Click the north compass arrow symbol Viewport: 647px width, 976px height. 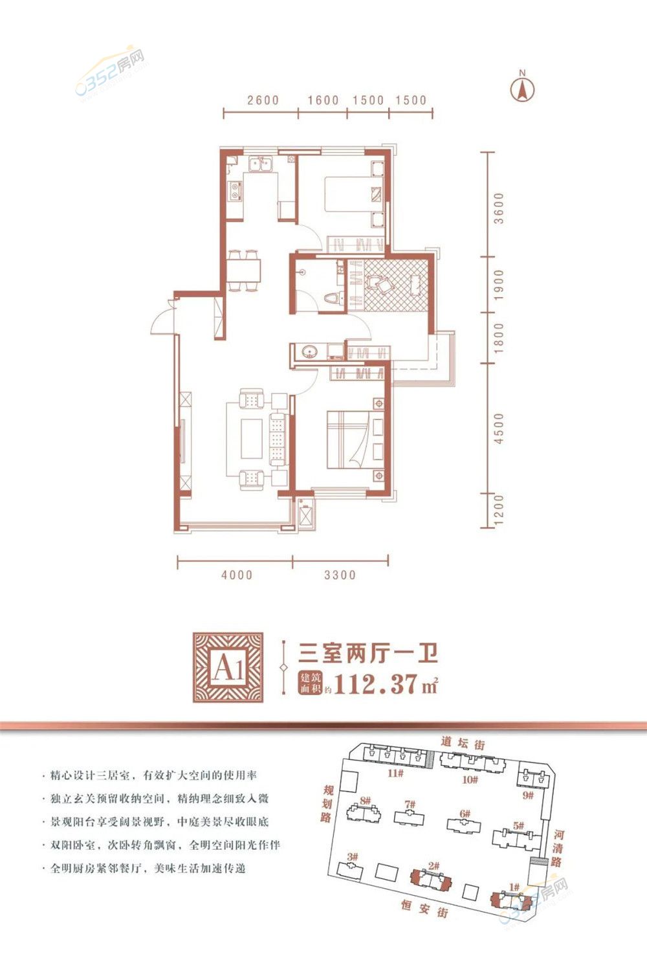click(x=522, y=89)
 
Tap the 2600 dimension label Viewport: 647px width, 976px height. click(x=263, y=100)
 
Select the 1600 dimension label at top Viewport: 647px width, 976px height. click(x=323, y=100)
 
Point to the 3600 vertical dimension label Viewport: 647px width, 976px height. click(x=498, y=208)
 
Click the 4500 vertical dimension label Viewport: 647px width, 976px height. click(x=498, y=428)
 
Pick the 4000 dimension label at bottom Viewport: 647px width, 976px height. click(x=237, y=575)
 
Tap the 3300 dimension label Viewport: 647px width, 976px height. click(x=340, y=575)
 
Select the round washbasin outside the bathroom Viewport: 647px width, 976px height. click(x=310, y=351)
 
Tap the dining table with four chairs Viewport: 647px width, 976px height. click(x=243, y=271)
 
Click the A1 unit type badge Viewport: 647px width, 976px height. click(x=228, y=667)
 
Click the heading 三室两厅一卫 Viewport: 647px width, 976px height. click(x=367, y=653)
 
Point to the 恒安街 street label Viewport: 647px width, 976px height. click(x=424, y=907)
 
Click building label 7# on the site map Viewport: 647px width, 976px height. click(x=410, y=804)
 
